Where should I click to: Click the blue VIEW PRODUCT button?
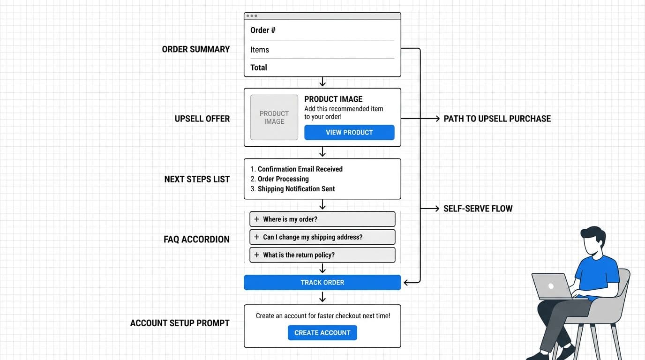point(349,133)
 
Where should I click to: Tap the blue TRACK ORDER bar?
point(322,283)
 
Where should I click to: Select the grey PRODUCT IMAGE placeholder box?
point(274,118)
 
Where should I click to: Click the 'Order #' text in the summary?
point(262,30)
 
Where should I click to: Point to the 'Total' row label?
point(259,67)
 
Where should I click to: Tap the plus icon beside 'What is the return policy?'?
point(256,255)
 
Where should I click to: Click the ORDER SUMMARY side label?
point(195,49)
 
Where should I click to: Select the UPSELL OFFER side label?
point(202,119)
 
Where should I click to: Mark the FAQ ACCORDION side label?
point(196,240)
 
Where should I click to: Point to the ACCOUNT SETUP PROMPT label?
point(180,323)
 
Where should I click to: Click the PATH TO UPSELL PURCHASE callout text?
point(497,119)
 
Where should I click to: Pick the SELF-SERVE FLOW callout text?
point(478,209)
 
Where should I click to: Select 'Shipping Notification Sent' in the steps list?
point(296,189)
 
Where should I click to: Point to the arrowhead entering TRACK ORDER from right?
point(406,283)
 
